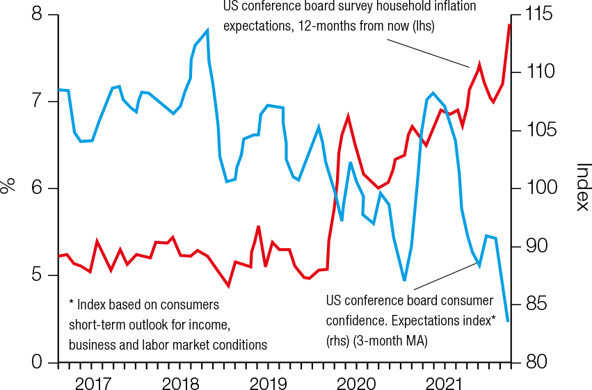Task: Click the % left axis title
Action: [8, 186]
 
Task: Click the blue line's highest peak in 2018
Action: [208, 30]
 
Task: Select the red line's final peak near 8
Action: [509, 24]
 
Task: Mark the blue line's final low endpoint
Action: [509, 320]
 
